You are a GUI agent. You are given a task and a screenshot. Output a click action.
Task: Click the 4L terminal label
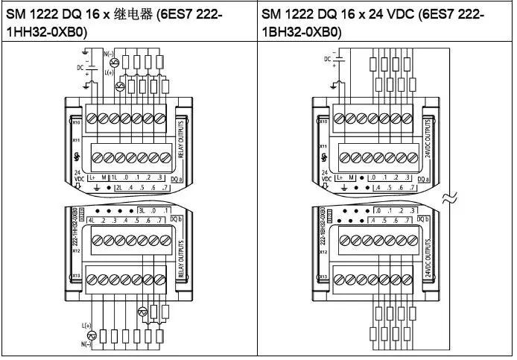point(91,221)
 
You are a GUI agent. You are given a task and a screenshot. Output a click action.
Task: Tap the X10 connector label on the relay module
point(76,121)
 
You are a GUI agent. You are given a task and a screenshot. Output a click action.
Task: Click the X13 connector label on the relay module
point(76,277)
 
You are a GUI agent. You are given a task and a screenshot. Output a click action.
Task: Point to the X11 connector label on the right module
point(323,147)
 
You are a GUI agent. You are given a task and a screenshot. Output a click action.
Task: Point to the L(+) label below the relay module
point(87,326)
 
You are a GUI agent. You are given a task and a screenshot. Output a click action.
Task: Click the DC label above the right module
point(327,58)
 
